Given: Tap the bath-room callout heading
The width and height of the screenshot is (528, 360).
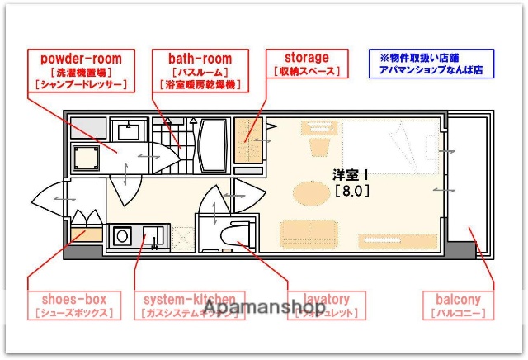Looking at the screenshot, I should [200, 59].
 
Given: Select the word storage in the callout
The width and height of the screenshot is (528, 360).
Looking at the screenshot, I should [306, 58].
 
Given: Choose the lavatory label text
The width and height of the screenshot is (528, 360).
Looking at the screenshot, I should [328, 299].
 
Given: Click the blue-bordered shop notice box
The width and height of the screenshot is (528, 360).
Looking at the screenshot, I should [431, 64].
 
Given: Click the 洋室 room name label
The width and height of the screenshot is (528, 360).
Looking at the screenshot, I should [350, 175].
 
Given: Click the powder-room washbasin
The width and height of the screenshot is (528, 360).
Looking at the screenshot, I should [127, 130].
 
